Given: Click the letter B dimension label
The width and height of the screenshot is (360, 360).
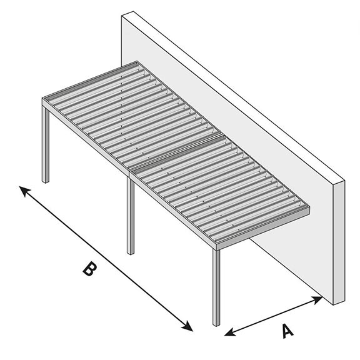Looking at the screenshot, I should coord(90,269).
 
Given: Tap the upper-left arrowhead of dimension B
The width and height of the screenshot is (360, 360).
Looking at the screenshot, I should coord(23,189).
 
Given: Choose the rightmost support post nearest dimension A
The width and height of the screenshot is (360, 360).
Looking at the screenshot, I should coord(216,287).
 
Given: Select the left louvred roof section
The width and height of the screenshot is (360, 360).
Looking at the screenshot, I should coord(125,112).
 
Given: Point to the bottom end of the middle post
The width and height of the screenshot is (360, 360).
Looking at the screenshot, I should coord(131,252).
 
